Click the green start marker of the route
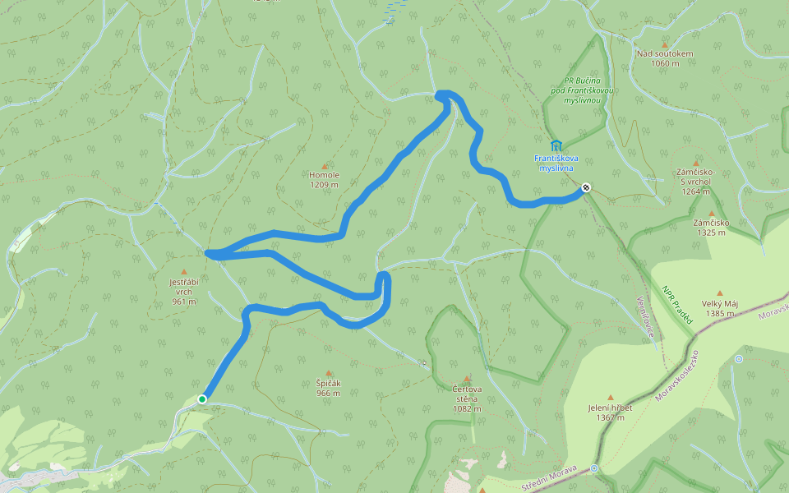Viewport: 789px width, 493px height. tap(202, 399)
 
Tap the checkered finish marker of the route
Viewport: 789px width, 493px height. tap(585, 187)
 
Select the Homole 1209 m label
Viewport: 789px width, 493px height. tap(324, 180)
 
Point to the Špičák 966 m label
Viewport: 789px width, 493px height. tap(329, 388)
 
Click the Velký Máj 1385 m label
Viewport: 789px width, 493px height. tap(720, 308)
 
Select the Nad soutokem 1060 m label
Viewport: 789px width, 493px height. tap(665, 58)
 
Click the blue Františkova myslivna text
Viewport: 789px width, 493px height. tap(556, 162)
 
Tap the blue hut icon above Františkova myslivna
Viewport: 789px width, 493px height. tap(556, 145)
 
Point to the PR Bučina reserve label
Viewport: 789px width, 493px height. tap(579, 90)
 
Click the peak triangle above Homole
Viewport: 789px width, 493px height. tap(324, 166)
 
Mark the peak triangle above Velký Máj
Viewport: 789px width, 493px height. tap(720, 293)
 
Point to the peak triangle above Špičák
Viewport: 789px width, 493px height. tap(329, 373)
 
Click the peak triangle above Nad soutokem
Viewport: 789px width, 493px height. tap(665, 44)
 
